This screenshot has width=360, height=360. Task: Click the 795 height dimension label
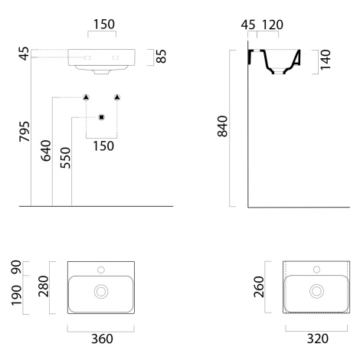(25, 131)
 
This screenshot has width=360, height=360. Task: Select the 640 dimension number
(46, 150)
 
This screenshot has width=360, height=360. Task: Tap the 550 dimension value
(65, 158)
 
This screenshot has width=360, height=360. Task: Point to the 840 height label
(222, 126)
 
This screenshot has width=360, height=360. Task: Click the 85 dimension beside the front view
(161, 56)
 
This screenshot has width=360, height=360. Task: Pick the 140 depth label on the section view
(326, 60)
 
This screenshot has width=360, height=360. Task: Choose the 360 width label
(102, 339)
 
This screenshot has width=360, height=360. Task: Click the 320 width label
(318, 339)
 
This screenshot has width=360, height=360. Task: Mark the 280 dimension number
(43, 286)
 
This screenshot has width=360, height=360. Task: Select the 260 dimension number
(259, 286)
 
